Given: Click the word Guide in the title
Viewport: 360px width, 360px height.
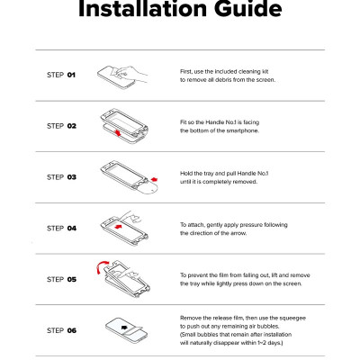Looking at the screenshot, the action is (247, 9).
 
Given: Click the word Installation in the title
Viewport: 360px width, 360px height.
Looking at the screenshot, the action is (143, 9).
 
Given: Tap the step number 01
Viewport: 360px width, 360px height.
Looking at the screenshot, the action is (71, 75).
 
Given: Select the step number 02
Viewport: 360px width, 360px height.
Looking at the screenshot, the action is (72, 126).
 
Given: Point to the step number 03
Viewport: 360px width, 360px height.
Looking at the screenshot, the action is (72, 177).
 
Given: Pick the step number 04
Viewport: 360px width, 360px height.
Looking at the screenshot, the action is (72, 229).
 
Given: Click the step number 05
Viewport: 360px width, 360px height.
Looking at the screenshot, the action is (72, 280).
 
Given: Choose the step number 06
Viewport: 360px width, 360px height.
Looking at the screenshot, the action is (72, 330).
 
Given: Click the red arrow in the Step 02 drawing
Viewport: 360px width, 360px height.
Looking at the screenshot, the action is (118, 132).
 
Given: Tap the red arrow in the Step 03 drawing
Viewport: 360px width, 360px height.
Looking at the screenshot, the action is (154, 179).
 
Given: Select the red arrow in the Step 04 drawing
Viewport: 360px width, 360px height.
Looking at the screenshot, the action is (119, 226).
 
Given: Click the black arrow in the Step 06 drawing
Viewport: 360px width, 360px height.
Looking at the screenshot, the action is (124, 328).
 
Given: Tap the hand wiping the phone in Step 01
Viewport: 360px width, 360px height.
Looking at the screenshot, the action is (131, 74).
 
